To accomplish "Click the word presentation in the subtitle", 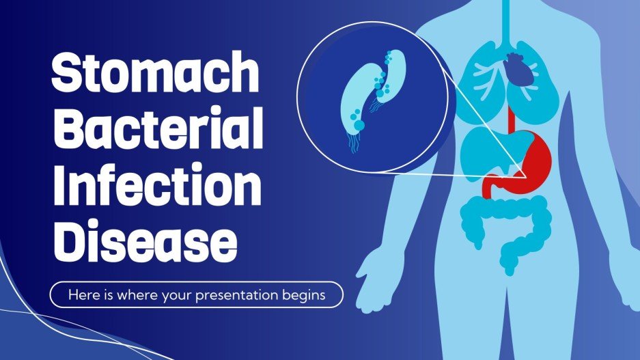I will click(x=247, y=295).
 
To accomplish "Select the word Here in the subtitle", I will click(x=81, y=295).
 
